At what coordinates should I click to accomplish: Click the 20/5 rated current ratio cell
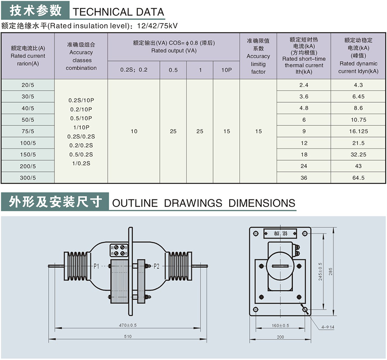click(27, 85)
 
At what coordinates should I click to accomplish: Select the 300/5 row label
click(27, 178)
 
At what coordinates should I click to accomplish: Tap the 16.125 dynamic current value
click(359, 131)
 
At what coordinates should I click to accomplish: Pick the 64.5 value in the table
click(359, 178)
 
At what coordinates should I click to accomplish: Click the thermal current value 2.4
click(304, 85)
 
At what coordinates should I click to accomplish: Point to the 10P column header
click(227, 70)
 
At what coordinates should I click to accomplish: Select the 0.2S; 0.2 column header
click(134, 70)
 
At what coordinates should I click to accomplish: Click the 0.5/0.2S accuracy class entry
click(81, 155)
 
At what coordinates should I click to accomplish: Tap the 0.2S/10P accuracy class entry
click(81, 100)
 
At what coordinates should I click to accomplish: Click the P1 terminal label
click(97, 266)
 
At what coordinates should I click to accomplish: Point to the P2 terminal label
click(157, 266)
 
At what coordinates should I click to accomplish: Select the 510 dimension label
click(127, 336)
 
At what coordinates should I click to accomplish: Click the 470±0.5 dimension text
click(127, 325)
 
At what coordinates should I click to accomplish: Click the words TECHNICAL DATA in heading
click(118, 12)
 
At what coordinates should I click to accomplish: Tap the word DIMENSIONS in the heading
click(262, 203)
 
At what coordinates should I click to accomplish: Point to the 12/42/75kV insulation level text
click(157, 26)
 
